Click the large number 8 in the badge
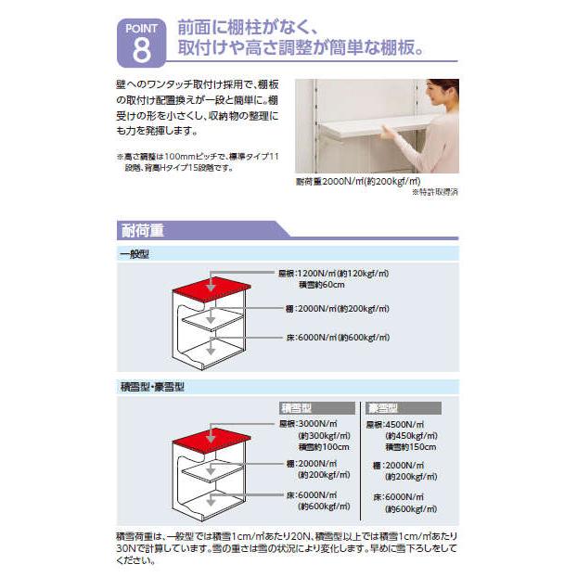click(x=140, y=49)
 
